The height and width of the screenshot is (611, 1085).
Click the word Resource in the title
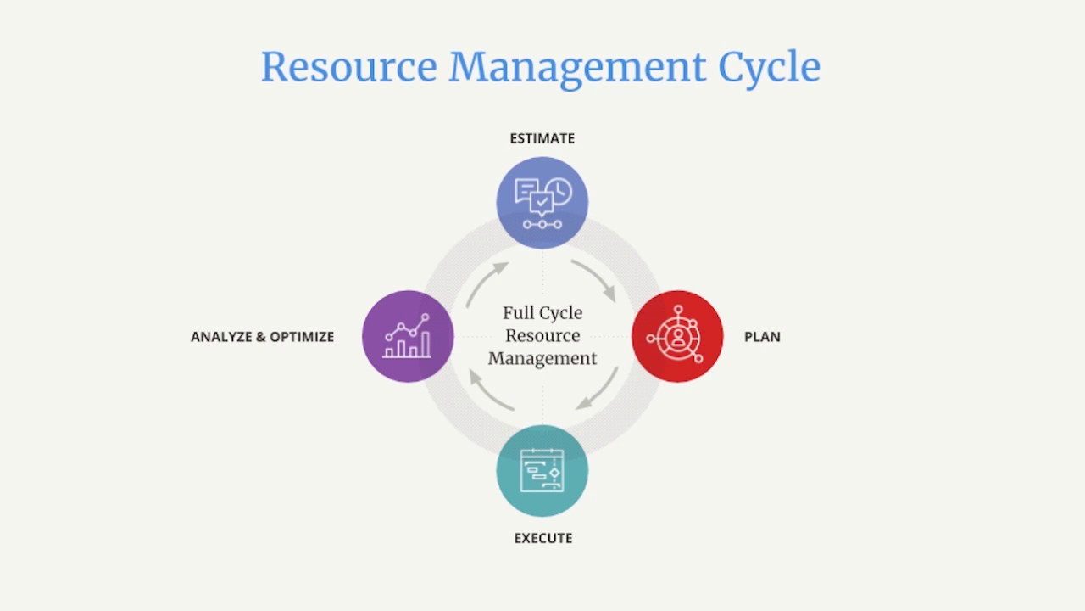click(x=349, y=67)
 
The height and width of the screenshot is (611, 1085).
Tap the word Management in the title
click(x=576, y=67)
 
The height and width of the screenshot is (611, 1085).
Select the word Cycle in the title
click(x=769, y=67)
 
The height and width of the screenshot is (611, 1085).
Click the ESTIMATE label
click(x=542, y=138)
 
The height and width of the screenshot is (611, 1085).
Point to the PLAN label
click(x=762, y=337)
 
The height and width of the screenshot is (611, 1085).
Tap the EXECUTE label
click(x=543, y=538)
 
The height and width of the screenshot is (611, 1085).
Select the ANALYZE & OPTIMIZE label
click(x=263, y=337)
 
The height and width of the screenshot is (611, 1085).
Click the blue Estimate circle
click(x=542, y=203)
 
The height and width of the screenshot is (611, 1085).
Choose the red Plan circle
click(x=677, y=336)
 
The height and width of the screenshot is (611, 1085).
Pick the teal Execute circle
click(x=542, y=471)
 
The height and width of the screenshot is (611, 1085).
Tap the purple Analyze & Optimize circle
click(x=408, y=336)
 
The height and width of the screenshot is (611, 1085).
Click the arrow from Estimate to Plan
click(x=595, y=278)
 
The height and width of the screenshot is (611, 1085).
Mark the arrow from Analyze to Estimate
click(x=486, y=283)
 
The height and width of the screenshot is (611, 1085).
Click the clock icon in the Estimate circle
click(x=559, y=191)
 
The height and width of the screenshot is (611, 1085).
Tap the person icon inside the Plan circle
click(x=677, y=338)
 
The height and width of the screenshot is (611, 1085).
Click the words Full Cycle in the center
click(x=542, y=313)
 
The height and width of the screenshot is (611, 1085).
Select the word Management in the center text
click(x=542, y=358)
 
